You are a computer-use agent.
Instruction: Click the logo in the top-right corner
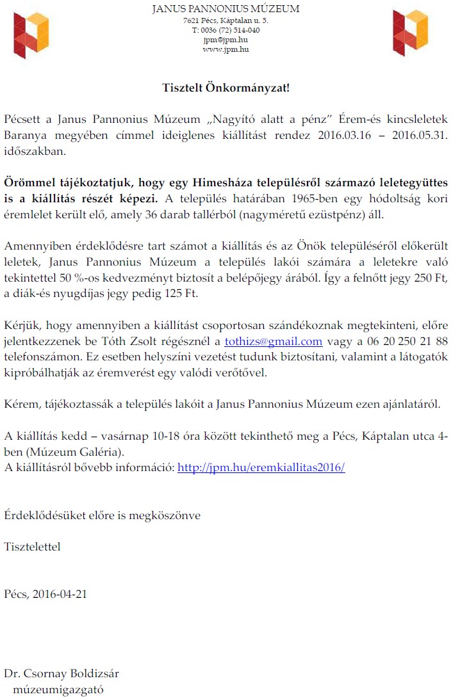point(410,34)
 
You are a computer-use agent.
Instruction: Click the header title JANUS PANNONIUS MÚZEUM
point(225,9)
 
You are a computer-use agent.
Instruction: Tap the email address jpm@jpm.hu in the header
point(225,40)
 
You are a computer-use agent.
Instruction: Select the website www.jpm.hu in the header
point(225,49)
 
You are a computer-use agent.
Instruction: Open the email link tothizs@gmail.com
point(273,341)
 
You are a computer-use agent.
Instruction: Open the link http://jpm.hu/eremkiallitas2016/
point(261,467)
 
